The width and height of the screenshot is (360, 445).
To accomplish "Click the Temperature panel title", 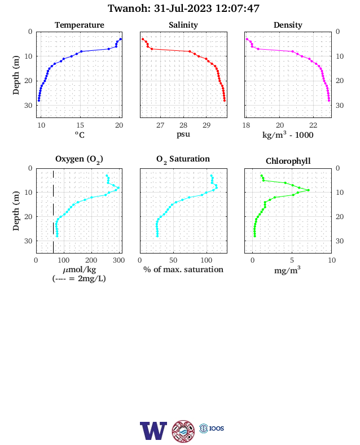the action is click(x=80, y=25).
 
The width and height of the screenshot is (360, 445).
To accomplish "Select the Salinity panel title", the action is click(x=183, y=25).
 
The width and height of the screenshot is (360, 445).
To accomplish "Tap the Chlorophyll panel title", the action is click(x=288, y=161).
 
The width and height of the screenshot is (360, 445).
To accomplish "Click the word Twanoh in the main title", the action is click(x=129, y=8).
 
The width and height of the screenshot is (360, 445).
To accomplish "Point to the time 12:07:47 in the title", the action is click(x=237, y=8).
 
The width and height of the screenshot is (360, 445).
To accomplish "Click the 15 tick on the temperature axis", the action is click(x=80, y=125).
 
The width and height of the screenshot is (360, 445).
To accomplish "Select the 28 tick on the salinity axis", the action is click(x=183, y=125).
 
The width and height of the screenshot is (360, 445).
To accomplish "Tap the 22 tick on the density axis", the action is click(x=313, y=125).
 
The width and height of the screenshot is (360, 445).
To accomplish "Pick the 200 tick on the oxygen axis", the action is click(x=91, y=260).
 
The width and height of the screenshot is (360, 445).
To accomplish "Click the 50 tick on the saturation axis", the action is click(x=173, y=260).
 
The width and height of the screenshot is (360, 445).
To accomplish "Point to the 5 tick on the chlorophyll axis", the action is click(x=292, y=260).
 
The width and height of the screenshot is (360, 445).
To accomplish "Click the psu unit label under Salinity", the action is click(x=183, y=134).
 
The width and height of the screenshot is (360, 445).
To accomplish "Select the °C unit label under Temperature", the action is click(x=80, y=135).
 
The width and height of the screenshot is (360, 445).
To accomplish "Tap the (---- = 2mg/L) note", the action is click(x=79, y=279).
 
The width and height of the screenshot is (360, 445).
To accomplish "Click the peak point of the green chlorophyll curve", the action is click(x=309, y=190).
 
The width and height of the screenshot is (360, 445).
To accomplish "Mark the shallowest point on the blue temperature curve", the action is click(x=121, y=39).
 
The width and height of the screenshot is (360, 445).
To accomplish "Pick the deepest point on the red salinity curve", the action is click(x=225, y=101).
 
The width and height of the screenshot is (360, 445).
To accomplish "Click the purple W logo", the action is click(x=153, y=431).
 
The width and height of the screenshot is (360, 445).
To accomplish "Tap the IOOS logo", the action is click(x=212, y=428).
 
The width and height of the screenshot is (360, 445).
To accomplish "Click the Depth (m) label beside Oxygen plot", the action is click(x=16, y=211).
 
